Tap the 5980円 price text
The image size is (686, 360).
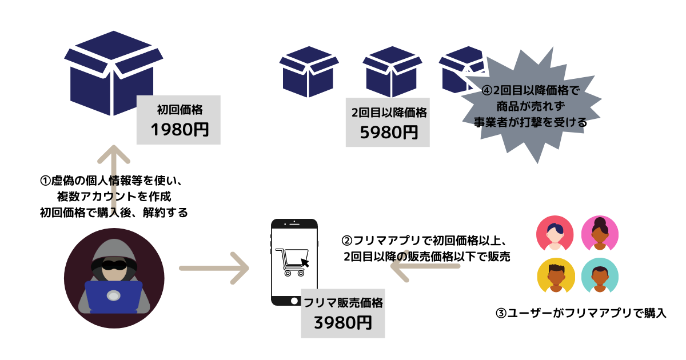click(388, 132)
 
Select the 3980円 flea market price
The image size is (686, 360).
click(342, 323)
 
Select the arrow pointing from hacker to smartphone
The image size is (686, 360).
click(214, 268)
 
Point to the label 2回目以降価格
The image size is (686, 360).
click(389, 112)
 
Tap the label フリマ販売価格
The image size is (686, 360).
click(343, 303)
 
